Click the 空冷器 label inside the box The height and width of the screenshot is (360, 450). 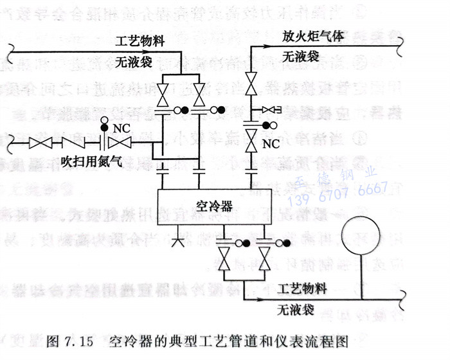click(x=214, y=207)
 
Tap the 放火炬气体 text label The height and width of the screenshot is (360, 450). click(x=314, y=37)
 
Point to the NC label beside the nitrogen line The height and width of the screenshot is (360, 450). click(x=121, y=128)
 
